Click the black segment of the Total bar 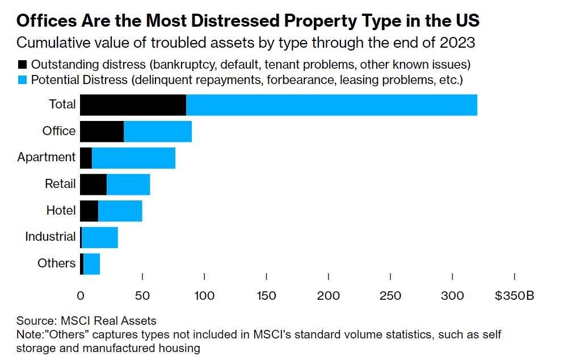tap(133, 105)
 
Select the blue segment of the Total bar tap(331, 105)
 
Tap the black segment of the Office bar tap(102, 131)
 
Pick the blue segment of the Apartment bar tap(133, 158)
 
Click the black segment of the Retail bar tap(93, 185)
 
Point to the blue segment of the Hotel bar tap(120, 211)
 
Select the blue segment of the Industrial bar tap(100, 237)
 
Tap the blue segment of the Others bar tap(92, 264)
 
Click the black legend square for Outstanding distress tap(22, 65)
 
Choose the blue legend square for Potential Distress tap(22, 80)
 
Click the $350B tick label tap(515, 296)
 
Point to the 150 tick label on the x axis tap(266, 296)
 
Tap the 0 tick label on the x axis tap(80, 296)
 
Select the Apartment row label tap(47, 157)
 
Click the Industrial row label tap(50, 237)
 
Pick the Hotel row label tap(61, 210)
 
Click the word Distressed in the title tap(235, 20)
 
